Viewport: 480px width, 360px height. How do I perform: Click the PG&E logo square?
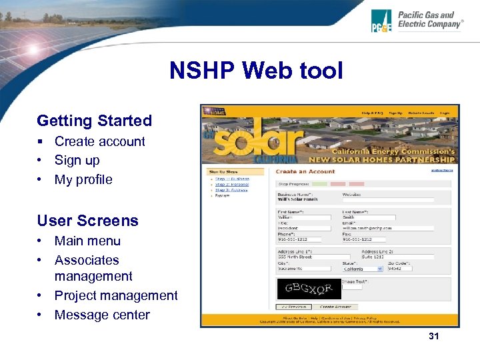tap(382, 21)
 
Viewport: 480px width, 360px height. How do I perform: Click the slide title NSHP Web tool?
tap(256, 70)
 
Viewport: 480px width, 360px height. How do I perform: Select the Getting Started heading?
tap(94, 121)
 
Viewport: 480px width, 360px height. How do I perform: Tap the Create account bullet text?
tap(99, 141)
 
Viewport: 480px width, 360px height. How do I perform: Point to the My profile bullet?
tap(83, 179)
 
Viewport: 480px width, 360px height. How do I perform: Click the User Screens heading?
tap(87, 221)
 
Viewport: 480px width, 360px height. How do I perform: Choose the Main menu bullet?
tap(87, 241)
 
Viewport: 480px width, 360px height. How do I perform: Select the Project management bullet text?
tap(116, 295)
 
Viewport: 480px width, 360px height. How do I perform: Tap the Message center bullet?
tap(102, 315)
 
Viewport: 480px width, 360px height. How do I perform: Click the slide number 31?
tap(434, 336)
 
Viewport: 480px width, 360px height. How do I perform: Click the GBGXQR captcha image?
tap(308, 289)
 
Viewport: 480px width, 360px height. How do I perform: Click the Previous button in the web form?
tap(293, 307)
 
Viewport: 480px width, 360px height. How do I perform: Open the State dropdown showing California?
tap(363, 269)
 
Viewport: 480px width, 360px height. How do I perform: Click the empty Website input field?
tap(388, 199)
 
